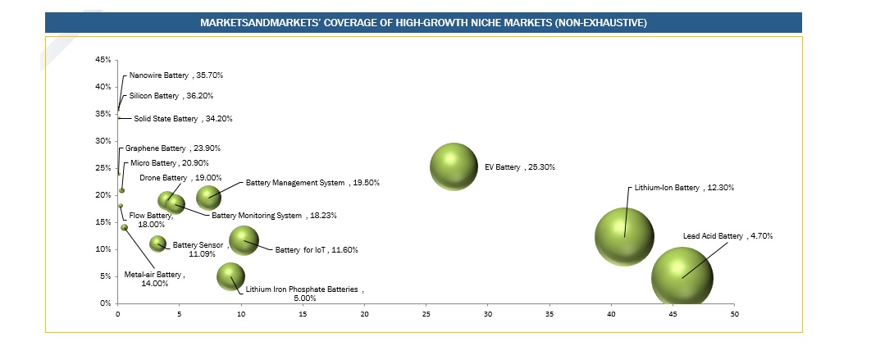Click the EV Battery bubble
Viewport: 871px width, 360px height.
click(x=453, y=166)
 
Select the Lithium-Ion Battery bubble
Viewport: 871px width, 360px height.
click(x=624, y=236)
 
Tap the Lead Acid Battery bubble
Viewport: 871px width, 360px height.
click(x=682, y=278)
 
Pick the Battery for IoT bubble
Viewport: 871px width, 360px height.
click(x=243, y=240)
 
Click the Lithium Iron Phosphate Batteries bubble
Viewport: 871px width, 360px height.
click(x=231, y=276)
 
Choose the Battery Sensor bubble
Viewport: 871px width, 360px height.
click(x=158, y=243)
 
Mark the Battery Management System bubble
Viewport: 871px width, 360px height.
click(x=208, y=197)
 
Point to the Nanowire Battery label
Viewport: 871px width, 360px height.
click(x=176, y=75)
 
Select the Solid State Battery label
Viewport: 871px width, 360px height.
click(x=183, y=119)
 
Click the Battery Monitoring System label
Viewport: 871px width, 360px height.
click(x=274, y=216)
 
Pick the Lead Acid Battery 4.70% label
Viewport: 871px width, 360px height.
click(x=727, y=236)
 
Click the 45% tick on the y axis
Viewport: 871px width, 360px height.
click(x=103, y=60)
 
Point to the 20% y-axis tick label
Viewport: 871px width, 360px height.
click(x=103, y=195)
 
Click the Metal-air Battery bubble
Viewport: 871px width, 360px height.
click(x=124, y=227)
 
